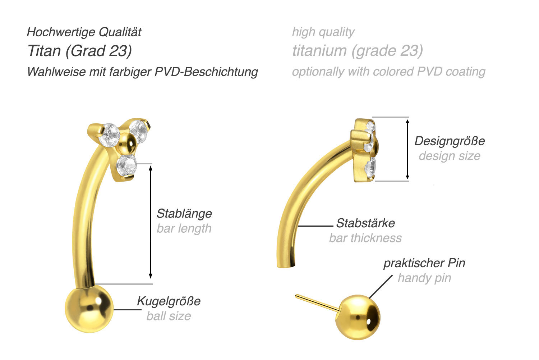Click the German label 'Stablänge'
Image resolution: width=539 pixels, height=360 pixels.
(184, 214)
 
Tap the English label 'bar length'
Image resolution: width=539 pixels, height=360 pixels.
(184, 228)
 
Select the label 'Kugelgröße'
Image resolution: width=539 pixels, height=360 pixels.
(169, 301)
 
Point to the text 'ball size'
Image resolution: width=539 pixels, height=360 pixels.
(169, 316)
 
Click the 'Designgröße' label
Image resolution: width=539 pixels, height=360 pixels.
(450, 141)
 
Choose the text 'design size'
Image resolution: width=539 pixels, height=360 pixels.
(450, 156)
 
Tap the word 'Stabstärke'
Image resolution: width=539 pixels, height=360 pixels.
(365, 223)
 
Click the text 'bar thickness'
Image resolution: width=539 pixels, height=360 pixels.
(365, 238)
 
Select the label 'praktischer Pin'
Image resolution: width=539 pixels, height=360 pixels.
(424, 263)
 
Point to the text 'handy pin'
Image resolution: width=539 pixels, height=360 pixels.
(424, 278)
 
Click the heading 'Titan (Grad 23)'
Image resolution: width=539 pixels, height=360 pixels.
(80, 51)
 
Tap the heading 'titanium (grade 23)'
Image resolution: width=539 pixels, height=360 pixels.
(358, 51)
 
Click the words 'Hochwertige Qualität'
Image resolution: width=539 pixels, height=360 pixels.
(84, 32)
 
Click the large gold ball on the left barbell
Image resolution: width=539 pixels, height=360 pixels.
(89, 309)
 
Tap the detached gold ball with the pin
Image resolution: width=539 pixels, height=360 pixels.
(358, 317)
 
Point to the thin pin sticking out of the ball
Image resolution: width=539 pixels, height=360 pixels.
(317, 303)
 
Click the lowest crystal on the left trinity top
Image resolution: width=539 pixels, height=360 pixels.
(126, 165)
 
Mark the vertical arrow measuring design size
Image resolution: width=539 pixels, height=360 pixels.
(407, 149)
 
